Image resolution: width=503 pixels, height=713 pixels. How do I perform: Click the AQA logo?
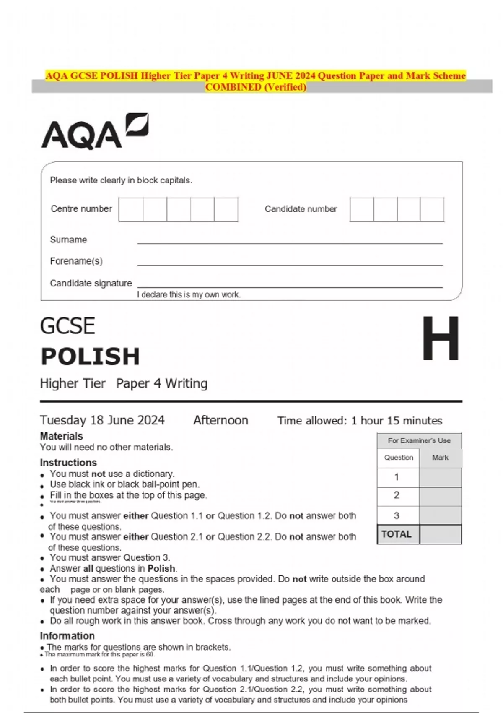pyautogui.click(x=95, y=131)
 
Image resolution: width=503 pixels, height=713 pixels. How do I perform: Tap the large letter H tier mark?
pyautogui.click(x=440, y=339)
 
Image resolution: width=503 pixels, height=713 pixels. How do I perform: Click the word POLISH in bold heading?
pyautogui.click(x=90, y=356)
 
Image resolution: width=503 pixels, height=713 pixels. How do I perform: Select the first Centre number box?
pyautogui.click(x=131, y=209)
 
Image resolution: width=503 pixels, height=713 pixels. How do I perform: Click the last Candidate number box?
pyautogui.click(x=432, y=209)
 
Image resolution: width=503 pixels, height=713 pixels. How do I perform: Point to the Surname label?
pyautogui.click(x=68, y=239)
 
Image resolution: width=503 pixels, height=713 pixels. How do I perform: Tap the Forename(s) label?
pyautogui.click(x=76, y=261)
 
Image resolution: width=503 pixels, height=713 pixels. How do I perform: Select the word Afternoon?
pyautogui.click(x=220, y=420)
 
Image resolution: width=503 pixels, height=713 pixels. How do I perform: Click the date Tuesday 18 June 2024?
pyautogui.click(x=102, y=420)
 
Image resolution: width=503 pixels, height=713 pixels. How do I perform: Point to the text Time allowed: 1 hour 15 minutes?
pyautogui.click(x=360, y=421)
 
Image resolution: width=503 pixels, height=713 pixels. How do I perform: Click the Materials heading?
pyautogui.click(x=61, y=436)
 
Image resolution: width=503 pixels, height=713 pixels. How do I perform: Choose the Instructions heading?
pyautogui.click(x=68, y=462)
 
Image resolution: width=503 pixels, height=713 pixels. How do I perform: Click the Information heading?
pyautogui.click(x=67, y=635)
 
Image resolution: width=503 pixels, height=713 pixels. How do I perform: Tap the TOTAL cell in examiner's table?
pyautogui.click(x=397, y=534)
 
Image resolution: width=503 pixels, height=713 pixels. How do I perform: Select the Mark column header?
pyautogui.click(x=440, y=458)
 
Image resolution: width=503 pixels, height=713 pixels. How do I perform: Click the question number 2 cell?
pyautogui.click(x=397, y=495)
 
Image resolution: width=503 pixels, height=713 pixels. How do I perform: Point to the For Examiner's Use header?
pyautogui.click(x=419, y=440)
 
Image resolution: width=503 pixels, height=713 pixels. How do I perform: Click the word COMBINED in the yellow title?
pyautogui.click(x=233, y=87)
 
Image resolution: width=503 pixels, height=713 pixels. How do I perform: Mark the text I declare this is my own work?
pyautogui.click(x=189, y=294)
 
